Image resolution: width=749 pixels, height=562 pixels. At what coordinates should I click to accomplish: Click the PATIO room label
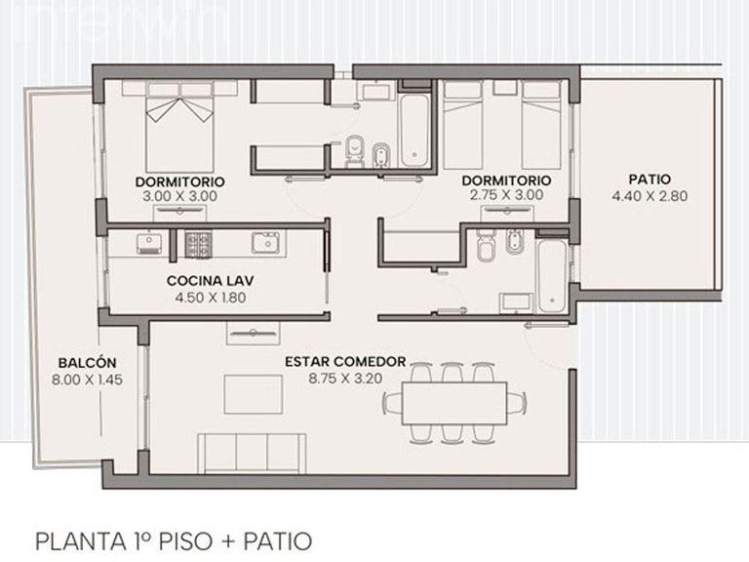coord(650,180)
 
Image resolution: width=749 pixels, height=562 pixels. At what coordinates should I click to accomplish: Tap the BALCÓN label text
coord(87,363)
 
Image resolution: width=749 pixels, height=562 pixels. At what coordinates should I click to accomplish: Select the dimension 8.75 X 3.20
coord(345,379)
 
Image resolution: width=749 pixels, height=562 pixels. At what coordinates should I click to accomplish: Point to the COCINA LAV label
coord(211,281)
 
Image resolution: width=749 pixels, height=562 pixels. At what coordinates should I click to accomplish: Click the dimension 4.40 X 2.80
coord(650,196)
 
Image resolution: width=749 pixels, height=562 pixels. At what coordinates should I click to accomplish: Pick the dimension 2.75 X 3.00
coord(506,195)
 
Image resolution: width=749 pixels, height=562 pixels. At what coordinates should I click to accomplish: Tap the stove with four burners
coord(197,244)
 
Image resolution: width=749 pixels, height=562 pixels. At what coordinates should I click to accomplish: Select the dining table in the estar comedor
coord(454,403)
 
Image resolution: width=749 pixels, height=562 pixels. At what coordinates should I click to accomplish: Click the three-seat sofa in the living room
coord(252,454)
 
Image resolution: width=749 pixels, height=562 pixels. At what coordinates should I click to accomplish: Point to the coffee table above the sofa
coord(254,394)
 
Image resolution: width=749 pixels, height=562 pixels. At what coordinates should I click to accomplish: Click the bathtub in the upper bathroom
coord(414,131)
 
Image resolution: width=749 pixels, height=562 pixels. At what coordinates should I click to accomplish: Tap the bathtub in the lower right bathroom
coord(552,276)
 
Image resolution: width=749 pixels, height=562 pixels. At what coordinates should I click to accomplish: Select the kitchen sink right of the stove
coord(265,243)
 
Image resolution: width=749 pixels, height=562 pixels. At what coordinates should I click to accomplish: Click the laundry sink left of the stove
coord(149,243)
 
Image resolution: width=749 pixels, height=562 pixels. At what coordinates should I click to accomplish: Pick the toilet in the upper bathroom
coord(354,152)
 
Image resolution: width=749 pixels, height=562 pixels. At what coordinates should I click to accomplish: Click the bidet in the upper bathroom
coord(380,155)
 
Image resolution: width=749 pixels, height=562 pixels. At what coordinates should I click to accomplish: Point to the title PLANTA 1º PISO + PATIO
coord(174,542)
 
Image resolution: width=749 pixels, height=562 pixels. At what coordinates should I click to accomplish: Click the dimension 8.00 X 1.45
coord(87,380)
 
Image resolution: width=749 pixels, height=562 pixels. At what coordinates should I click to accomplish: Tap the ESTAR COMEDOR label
coord(345,362)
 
